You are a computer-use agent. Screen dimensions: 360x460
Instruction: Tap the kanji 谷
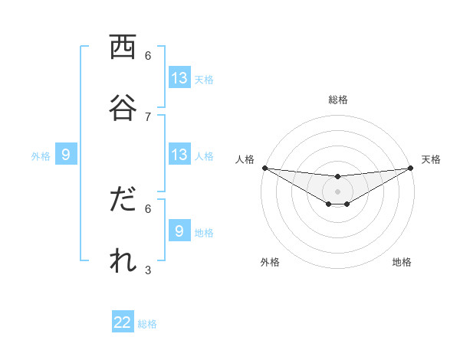pyautogui.click(x=123, y=108)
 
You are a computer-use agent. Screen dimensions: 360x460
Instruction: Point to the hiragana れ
pyautogui.click(x=123, y=260)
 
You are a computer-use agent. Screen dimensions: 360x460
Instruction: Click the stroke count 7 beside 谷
pyautogui.click(x=148, y=116)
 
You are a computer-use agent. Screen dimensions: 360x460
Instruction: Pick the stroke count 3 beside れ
pyautogui.click(x=148, y=269)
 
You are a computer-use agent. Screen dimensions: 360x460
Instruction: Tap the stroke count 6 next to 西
pyautogui.click(x=148, y=55)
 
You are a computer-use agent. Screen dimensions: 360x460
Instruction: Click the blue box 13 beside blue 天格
pyautogui.click(x=179, y=78)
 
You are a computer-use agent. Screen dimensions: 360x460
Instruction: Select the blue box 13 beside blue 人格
pyautogui.click(x=179, y=155)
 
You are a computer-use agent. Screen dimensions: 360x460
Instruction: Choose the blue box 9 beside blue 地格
pyautogui.click(x=179, y=231)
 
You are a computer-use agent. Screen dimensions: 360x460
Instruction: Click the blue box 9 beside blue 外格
pyautogui.click(x=66, y=155)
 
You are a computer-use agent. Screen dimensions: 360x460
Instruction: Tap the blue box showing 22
pyautogui.click(x=123, y=322)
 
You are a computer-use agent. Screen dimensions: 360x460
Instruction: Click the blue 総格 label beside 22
pyautogui.click(x=147, y=324)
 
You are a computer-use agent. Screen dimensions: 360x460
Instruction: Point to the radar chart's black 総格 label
pyautogui.click(x=337, y=100)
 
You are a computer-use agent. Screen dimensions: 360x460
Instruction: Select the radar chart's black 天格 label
pyautogui.click(x=432, y=159)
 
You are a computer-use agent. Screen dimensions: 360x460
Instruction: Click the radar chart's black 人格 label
pyautogui.click(x=245, y=159)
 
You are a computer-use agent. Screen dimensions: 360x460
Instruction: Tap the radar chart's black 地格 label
pyautogui.click(x=402, y=262)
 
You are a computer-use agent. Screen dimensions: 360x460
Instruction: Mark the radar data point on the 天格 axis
pyautogui.click(x=410, y=168)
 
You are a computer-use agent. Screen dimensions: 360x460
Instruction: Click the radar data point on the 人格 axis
pyautogui.click(x=264, y=168)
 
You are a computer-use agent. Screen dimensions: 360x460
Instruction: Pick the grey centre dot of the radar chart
pyautogui.click(x=337, y=191)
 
